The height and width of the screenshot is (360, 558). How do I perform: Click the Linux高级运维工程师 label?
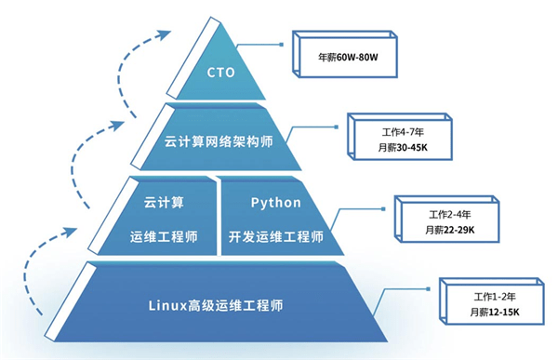(216, 304)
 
